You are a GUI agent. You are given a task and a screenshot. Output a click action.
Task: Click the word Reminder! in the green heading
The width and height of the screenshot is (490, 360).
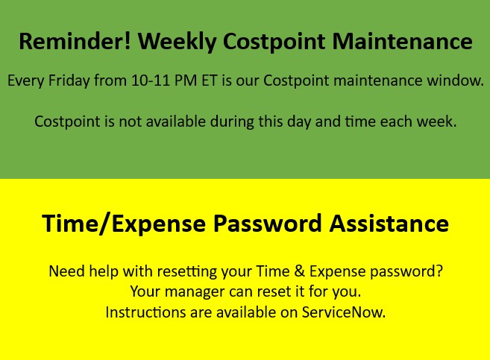pos(75,41)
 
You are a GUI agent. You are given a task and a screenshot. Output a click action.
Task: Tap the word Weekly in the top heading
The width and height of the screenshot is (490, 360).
pos(178,42)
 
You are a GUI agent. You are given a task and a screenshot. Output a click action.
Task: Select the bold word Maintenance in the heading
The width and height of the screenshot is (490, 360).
pos(402,41)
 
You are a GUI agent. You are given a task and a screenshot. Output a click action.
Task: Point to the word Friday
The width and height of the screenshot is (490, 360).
pos(69,80)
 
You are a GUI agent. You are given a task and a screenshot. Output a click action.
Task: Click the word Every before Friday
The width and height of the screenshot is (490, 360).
pos(25,81)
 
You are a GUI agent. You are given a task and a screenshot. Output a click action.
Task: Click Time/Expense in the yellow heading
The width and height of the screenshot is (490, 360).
pos(124,224)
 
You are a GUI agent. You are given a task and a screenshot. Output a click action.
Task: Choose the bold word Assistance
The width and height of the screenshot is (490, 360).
pos(389,224)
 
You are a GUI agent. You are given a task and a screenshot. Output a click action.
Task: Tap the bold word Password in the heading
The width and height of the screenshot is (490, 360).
pos(268,224)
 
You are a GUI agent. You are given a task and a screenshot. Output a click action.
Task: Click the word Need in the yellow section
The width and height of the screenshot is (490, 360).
pos(67,271)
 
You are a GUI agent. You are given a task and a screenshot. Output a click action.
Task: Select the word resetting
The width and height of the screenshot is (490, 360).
pos(187,271)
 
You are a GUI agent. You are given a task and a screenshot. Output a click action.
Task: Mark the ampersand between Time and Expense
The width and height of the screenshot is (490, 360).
pos(299,271)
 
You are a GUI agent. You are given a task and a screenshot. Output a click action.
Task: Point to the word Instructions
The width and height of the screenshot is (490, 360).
pos(145,312)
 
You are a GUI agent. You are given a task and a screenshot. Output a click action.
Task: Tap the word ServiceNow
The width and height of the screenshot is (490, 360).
pos(343,312)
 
